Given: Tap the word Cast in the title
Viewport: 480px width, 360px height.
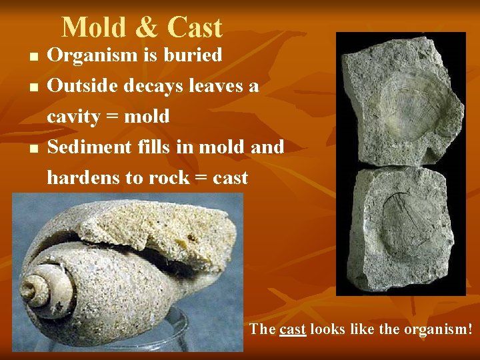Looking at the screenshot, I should pyautogui.click(x=195, y=27).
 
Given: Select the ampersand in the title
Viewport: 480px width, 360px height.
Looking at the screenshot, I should pyautogui.click(x=146, y=28).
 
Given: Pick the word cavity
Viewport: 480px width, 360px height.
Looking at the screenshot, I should pyautogui.click(x=73, y=117).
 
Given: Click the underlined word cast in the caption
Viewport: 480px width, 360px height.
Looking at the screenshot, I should pyautogui.click(x=293, y=329).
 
